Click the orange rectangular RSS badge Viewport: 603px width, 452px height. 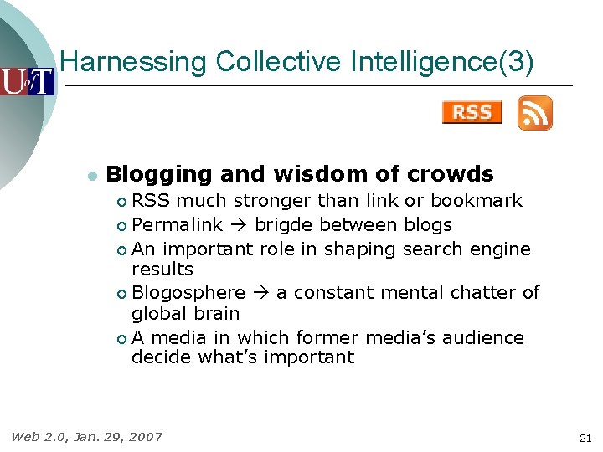[x=472, y=112]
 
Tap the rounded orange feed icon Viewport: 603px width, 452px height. [x=534, y=112]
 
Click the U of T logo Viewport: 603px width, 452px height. [x=27, y=82]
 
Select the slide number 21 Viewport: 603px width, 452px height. [x=585, y=438]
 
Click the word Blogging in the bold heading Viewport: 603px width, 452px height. [x=159, y=174]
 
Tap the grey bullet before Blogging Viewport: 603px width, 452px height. [x=91, y=176]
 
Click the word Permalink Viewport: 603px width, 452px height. [x=178, y=225]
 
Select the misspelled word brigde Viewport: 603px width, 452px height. [x=284, y=225]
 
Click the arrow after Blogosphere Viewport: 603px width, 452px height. [x=260, y=293]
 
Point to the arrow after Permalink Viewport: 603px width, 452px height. [x=238, y=225]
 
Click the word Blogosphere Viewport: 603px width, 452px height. [x=188, y=293]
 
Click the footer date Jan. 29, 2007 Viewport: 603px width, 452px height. [x=118, y=436]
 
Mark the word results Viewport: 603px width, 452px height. [x=162, y=270]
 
